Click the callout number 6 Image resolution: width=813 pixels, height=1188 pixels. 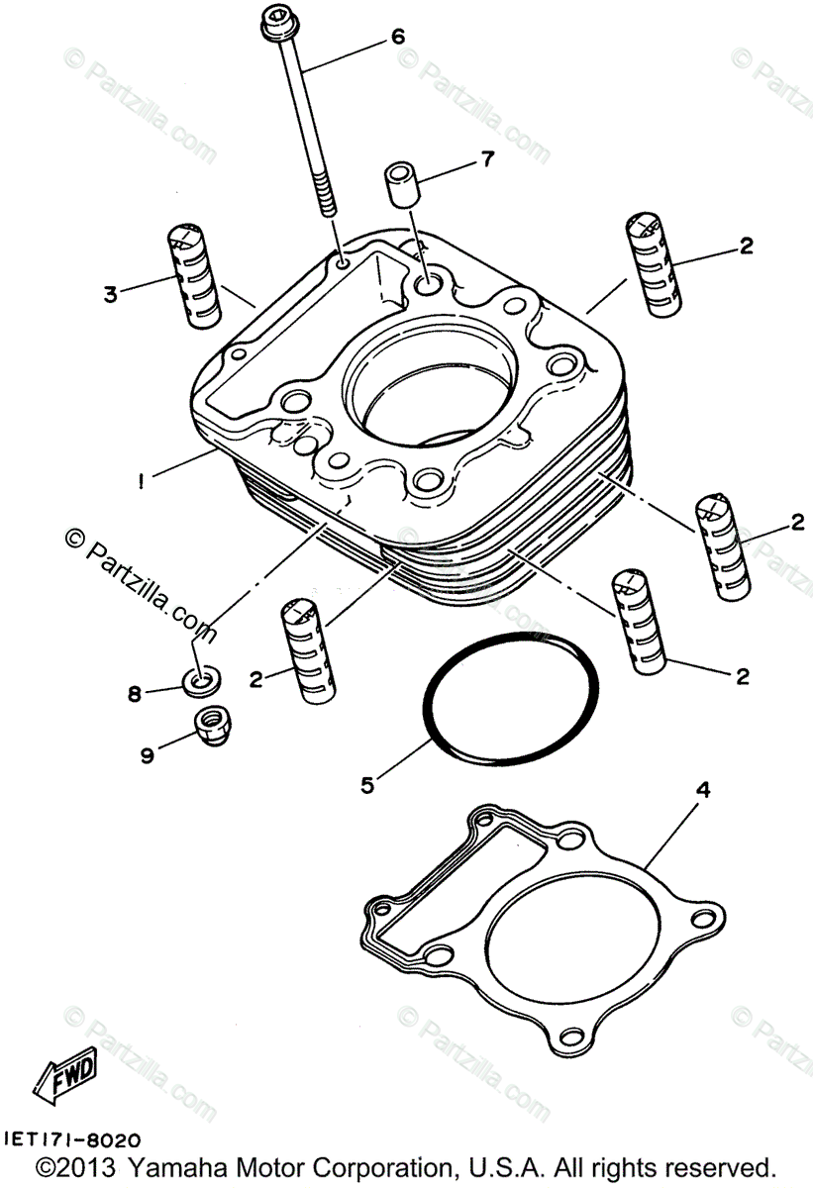click(397, 37)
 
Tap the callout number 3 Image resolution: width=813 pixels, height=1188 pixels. click(110, 293)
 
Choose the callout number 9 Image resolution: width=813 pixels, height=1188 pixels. click(147, 755)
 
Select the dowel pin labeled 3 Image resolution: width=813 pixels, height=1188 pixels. click(191, 274)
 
